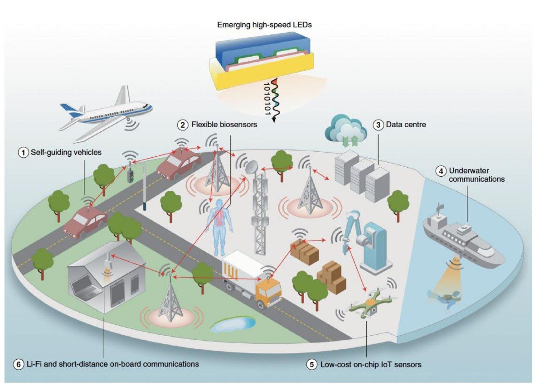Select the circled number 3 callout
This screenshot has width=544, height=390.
[378, 124]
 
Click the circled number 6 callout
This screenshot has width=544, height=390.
[19, 364]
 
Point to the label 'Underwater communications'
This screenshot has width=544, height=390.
[476, 175]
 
